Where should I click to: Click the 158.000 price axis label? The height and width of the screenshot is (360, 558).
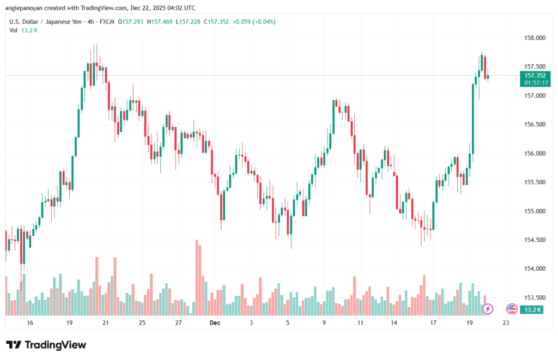(535, 38)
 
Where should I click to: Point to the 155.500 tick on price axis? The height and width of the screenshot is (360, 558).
(535, 182)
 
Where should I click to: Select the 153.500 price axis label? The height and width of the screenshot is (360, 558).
(535, 297)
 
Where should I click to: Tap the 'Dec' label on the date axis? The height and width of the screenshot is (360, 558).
(215, 323)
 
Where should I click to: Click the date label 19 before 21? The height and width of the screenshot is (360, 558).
(69, 323)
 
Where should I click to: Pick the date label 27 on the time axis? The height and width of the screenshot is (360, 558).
(178, 323)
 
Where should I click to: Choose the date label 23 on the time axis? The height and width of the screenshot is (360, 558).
(506, 323)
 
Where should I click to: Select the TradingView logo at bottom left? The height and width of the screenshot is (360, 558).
(46, 345)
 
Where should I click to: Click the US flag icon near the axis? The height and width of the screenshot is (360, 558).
(512, 309)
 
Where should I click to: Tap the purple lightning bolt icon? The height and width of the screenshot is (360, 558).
(488, 309)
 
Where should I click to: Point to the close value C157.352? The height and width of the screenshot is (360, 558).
(213, 22)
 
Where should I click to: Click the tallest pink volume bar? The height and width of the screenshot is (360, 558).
(196, 277)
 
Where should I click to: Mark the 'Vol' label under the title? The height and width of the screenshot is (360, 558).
(13, 30)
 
